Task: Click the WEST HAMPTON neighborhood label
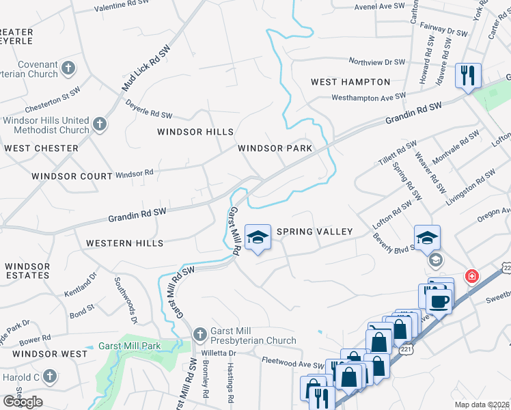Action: pyautogui.click(x=346, y=82)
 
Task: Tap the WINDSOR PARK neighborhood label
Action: pyautogui.click(x=275, y=148)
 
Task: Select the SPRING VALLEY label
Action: pyautogui.click(x=316, y=232)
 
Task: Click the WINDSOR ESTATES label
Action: pyautogui.click(x=27, y=271)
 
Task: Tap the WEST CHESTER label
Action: pyautogui.click(x=41, y=148)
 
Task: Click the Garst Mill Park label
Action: pyautogui.click(x=129, y=346)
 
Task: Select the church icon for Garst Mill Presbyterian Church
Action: pyautogui.click(x=199, y=334)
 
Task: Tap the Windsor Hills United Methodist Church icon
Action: pyautogui.click(x=100, y=124)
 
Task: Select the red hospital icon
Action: pyautogui.click(x=471, y=276)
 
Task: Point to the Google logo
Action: pyautogui.click(x=23, y=402)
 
